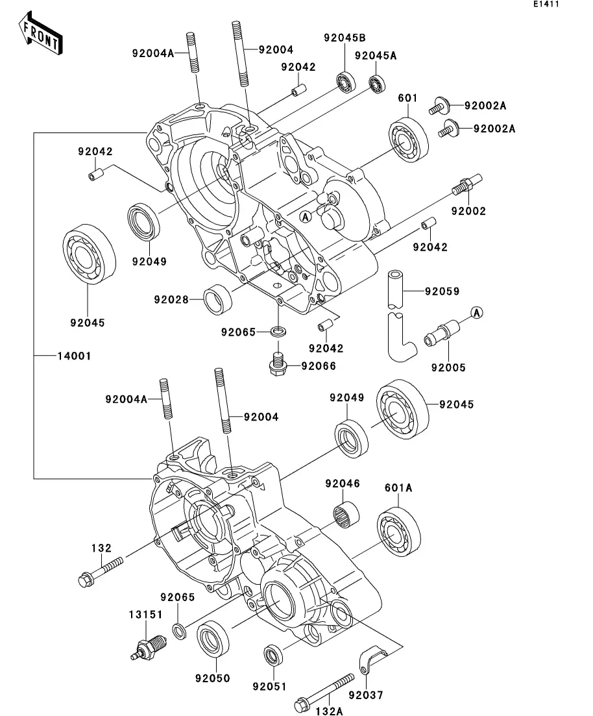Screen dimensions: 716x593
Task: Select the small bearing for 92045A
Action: pyautogui.click(x=377, y=84)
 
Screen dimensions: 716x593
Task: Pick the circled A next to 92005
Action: pyautogui.click(x=476, y=313)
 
